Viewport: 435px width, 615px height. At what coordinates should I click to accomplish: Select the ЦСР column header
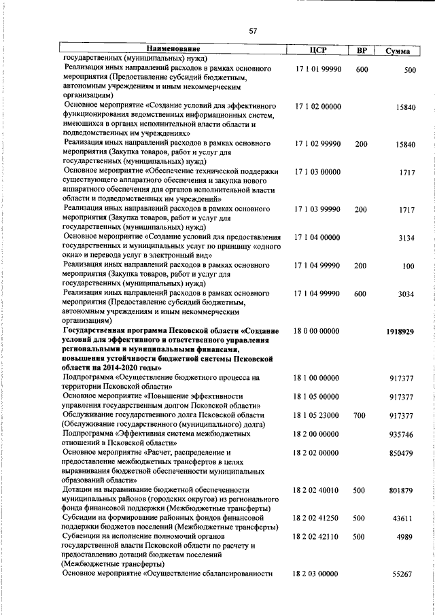point(318,50)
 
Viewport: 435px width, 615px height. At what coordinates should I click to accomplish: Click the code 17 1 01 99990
point(318,70)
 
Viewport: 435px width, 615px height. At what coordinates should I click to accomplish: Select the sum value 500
point(409,71)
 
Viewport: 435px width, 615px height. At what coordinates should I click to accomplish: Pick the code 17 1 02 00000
point(318,107)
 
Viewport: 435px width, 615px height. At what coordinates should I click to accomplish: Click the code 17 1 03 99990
point(318,210)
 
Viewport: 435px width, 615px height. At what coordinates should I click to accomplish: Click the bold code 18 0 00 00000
point(317,331)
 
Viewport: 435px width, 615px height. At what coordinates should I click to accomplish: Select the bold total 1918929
point(400,332)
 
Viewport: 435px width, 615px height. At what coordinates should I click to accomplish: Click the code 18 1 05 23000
point(317,415)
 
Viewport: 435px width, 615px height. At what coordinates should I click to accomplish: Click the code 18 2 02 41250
point(317,518)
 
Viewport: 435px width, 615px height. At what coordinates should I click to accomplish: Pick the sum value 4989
point(406,537)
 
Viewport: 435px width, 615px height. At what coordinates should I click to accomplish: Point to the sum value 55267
point(404,574)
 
